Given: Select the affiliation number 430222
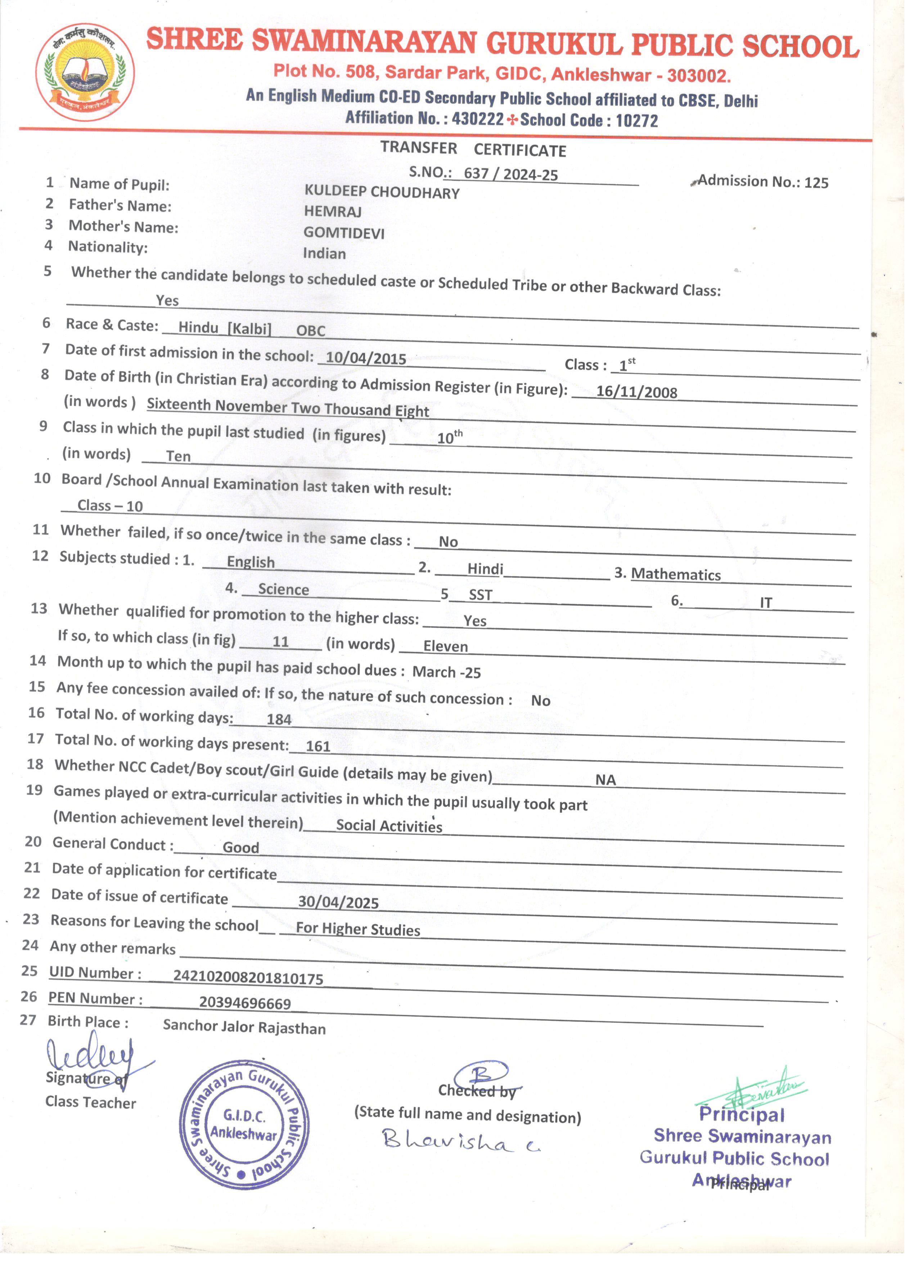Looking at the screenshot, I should tap(478, 118).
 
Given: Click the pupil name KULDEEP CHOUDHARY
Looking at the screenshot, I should tap(382, 192).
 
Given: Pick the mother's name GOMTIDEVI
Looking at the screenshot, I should tap(343, 233).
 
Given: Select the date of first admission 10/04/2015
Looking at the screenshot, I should tap(366, 358).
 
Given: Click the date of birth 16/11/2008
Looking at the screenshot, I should tap(636, 391).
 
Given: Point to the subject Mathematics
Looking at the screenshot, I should tap(676, 574).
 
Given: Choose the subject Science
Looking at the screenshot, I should tap(283, 589).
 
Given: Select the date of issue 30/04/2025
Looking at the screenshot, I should tap(338, 902).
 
